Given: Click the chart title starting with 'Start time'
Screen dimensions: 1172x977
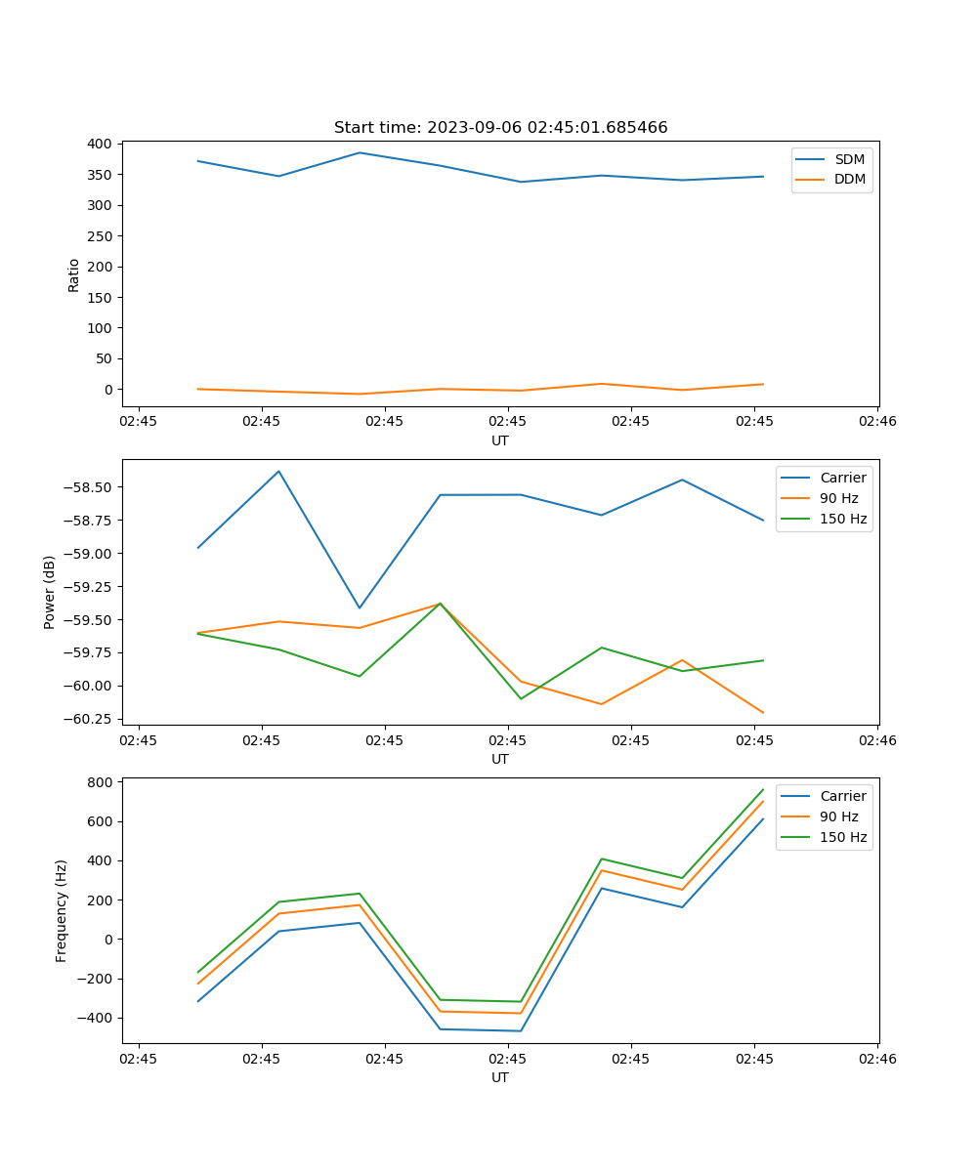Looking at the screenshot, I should [x=500, y=128].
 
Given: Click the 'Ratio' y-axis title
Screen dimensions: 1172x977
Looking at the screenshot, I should [x=74, y=274].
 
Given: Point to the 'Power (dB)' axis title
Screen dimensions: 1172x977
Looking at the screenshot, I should [x=50, y=592].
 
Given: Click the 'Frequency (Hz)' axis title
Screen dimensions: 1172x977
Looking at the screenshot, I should [x=62, y=910].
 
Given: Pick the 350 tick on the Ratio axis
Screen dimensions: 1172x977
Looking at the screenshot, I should [x=99, y=175].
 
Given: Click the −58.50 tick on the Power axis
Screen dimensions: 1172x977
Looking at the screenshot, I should [x=88, y=487].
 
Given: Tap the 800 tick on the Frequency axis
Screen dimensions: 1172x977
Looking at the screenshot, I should [x=99, y=782].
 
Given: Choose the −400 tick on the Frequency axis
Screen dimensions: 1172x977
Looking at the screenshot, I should [x=94, y=1018].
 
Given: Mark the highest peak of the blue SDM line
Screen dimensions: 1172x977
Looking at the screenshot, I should [x=360, y=152].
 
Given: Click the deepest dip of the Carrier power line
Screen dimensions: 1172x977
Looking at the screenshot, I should [x=360, y=608].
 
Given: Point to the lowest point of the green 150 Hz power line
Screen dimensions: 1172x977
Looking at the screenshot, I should [x=521, y=698].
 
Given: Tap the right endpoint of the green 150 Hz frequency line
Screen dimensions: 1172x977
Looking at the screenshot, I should [x=763, y=789].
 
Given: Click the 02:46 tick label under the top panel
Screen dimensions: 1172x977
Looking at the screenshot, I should [x=876, y=422].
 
